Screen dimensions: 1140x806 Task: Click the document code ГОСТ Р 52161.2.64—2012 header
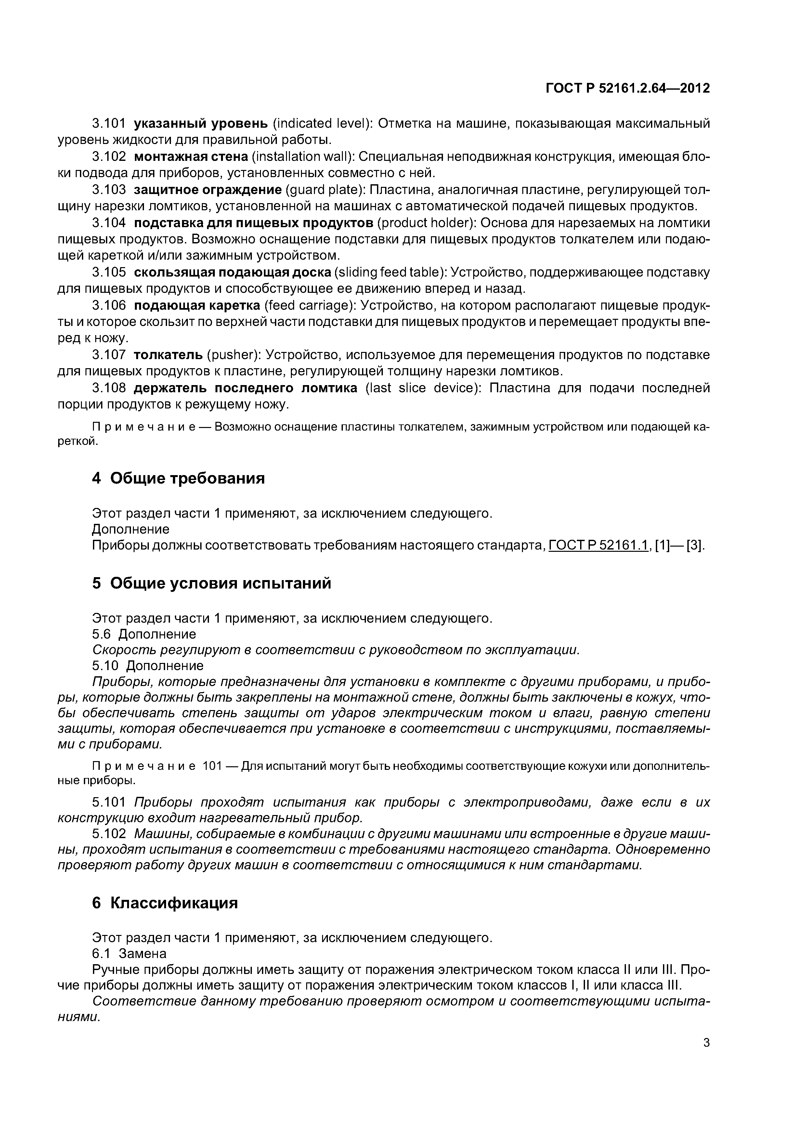pyautogui.click(x=628, y=88)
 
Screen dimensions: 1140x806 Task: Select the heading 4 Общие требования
pyautogui.click(x=178, y=478)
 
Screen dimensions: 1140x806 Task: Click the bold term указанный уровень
pyautogui.click(x=201, y=123)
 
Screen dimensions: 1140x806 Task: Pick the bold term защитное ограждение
pyautogui.click(x=208, y=190)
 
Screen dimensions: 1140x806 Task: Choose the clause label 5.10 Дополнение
pyautogui.click(x=148, y=665)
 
